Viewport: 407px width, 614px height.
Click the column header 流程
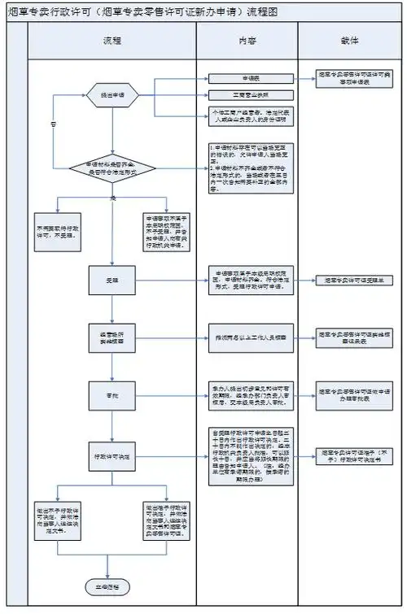point(112,41)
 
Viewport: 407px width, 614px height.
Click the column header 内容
point(246,41)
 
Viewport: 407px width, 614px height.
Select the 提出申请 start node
point(112,94)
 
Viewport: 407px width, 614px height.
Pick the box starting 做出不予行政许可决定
point(57,518)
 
